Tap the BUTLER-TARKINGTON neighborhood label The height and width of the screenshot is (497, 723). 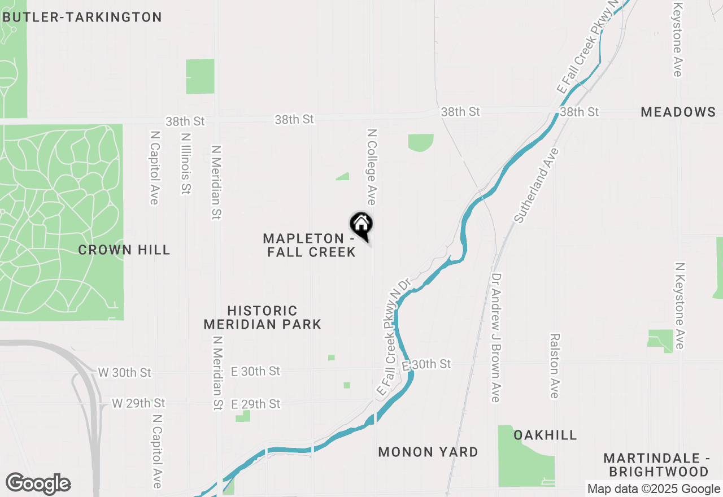pos(82,18)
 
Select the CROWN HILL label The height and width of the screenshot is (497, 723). pos(124,250)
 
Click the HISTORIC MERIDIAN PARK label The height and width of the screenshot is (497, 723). pos(263,317)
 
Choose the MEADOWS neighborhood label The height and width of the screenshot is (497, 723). pos(678,112)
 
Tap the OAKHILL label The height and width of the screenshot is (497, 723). pos(545,435)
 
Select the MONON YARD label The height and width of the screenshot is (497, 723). pos(428,452)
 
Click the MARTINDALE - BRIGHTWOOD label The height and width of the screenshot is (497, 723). pos(656,464)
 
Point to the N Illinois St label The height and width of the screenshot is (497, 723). pos(185,164)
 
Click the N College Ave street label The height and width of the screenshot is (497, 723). pos(371,167)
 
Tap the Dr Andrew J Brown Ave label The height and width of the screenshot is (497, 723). pos(496,338)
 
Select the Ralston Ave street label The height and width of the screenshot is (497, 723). pos(555,365)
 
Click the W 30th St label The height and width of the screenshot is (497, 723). pos(125,373)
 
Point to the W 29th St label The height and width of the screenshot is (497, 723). pos(138,403)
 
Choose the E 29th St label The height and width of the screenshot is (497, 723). pos(256,404)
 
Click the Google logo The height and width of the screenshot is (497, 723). pos(38,483)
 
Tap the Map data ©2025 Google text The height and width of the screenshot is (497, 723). pos(654,489)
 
